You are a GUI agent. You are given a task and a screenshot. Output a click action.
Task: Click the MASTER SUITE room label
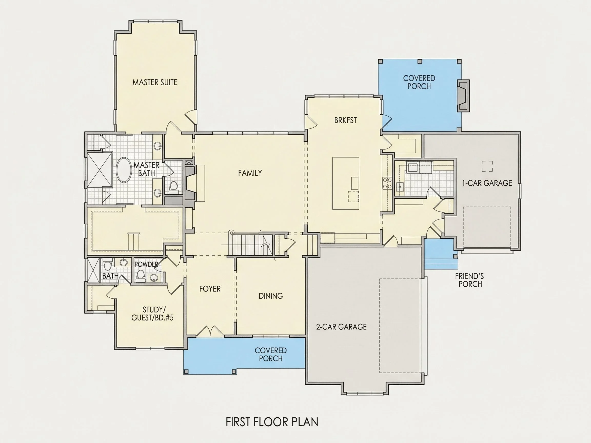[x=155, y=82]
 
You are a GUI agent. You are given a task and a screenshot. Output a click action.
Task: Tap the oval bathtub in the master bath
[x=124, y=170]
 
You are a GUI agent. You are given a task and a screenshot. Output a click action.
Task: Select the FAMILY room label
[x=250, y=173]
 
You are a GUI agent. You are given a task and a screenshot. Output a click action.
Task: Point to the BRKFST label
[x=346, y=120]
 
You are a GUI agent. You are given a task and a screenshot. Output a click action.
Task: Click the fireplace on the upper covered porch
[x=463, y=96]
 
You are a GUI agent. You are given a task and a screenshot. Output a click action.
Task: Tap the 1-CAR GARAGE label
[x=487, y=183]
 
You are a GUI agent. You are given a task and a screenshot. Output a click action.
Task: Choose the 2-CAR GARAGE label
[x=341, y=327]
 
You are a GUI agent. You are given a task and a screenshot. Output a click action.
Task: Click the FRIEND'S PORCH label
[x=469, y=280]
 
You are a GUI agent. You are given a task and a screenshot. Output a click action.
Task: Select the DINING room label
[x=271, y=296]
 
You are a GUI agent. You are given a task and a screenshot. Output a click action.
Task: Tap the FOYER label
[x=210, y=289]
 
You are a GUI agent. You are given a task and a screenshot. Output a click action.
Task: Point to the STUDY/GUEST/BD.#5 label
[x=152, y=314]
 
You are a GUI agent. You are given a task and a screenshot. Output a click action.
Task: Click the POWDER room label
[x=146, y=264]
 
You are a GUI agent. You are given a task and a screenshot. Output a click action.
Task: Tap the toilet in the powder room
[x=140, y=276]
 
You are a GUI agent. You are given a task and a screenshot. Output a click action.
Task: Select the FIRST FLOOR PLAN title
[x=272, y=422]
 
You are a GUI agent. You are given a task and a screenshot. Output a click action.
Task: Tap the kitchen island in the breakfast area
[x=346, y=184]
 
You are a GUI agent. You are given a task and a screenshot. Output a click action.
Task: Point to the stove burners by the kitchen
[x=387, y=184]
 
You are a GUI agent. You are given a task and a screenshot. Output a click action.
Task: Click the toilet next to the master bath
[x=174, y=187]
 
